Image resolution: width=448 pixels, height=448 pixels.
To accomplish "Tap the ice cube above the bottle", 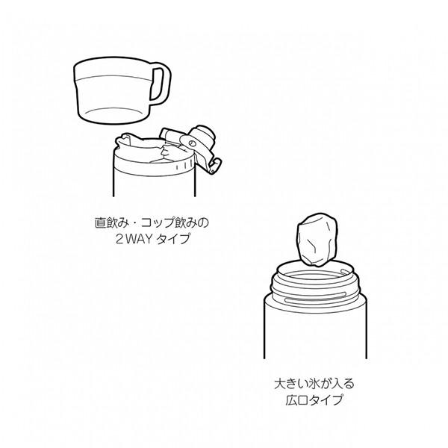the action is click(x=317, y=240).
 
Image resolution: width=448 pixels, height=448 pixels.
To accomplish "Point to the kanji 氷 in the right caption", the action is click(x=314, y=384).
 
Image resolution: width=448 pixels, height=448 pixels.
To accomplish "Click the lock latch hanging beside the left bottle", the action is click(x=215, y=165).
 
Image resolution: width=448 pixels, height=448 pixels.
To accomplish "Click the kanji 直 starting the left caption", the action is click(x=100, y=223).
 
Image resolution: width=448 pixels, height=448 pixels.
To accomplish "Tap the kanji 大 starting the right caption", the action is click(x=280, y=384).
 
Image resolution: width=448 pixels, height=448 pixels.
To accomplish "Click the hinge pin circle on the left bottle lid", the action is click(x=191, y=143).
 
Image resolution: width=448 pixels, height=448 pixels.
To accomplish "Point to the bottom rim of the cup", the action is click(x=113, y=116).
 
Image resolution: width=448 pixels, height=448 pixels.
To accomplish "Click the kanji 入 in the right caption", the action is click(x=337, y=384).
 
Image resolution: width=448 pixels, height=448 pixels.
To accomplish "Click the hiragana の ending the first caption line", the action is click(x=203, y=223).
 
